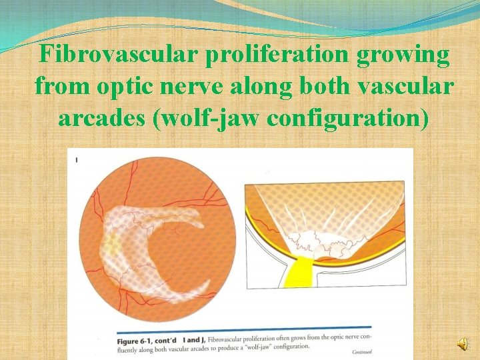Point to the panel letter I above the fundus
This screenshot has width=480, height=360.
(77, 159)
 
